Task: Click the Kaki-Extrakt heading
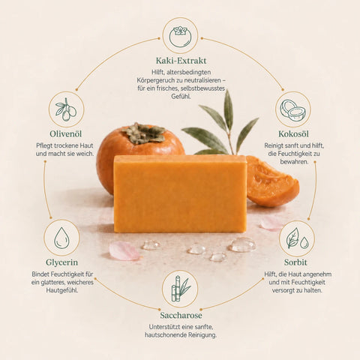point(181,61)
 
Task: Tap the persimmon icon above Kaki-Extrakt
point(180,37)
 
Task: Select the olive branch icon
point(66,109)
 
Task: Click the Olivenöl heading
point(66,134)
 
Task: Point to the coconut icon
point(293,111)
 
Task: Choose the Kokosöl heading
point(293,134)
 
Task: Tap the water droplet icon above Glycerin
point(61,238)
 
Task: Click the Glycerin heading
point(61,262)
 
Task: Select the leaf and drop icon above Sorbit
point(297,238)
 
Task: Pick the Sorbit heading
point(295,262)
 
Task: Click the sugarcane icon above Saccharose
point(180,289)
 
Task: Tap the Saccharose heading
point(181,316)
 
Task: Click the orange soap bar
point(180,193)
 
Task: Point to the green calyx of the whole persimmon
point(144,133)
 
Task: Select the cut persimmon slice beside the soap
point(272,181)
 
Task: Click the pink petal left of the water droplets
point(124,250)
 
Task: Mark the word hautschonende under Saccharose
point(166,335)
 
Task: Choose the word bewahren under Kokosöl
point(294,162)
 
